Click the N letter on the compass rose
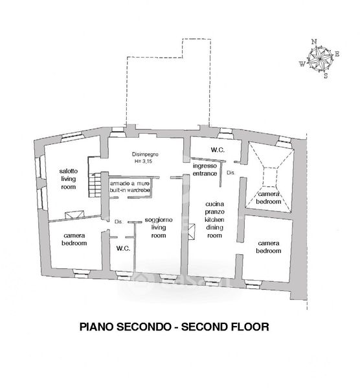click(x=314, y=41)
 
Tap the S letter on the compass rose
click(x=326, y=76)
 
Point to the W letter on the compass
click(x=302, y=64)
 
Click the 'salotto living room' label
click(x=69, y=179)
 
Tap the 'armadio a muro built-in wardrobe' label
click(x=130, y=187)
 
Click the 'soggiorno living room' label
click(x=159, y=228)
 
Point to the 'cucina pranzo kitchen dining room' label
click(x=214, y=219)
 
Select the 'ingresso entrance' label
click(x=205, y=169)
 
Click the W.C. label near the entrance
click(x=218, y=150)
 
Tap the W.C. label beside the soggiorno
click(x=123, y=248)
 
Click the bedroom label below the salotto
click(x=74, y=239)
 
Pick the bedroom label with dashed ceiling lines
click(x=269, y=198)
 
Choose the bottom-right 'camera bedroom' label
click(x=269, y=247)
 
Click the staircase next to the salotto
click(x=95, y=185)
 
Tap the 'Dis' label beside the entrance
click(x=231, y=173)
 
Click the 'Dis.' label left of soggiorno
click(x=118, y=222)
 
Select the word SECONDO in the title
click(x=144, y=327)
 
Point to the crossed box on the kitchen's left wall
click(x=192, y=232)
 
